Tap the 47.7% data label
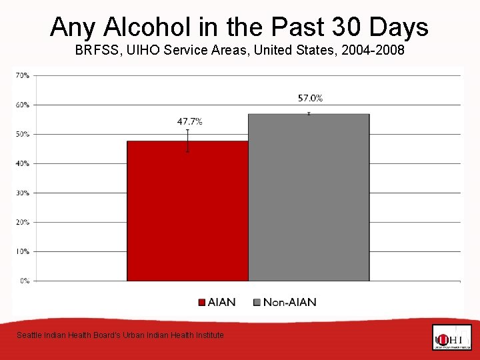click(189, 121)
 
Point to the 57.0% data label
click(310, 98)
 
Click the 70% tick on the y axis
click(22, 75)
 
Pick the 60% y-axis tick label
click(22, 105)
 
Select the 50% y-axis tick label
click(22, 134)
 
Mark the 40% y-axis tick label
click(22, 163)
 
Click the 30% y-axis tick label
click(22, 193)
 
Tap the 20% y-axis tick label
click(22, 222)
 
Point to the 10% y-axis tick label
click(22, 251)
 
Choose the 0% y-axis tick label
click(23, 281)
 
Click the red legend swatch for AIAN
click(202, 303)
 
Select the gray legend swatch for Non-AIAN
click(257, 303)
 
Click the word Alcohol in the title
click(145, 27)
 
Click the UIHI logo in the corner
click(451, 337)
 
